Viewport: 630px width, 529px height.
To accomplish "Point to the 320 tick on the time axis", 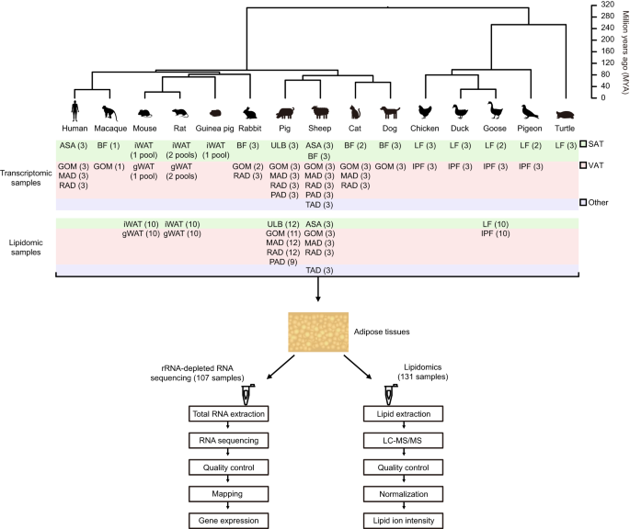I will (609, 5).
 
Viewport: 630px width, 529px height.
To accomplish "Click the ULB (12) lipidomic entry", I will (281, 224).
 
